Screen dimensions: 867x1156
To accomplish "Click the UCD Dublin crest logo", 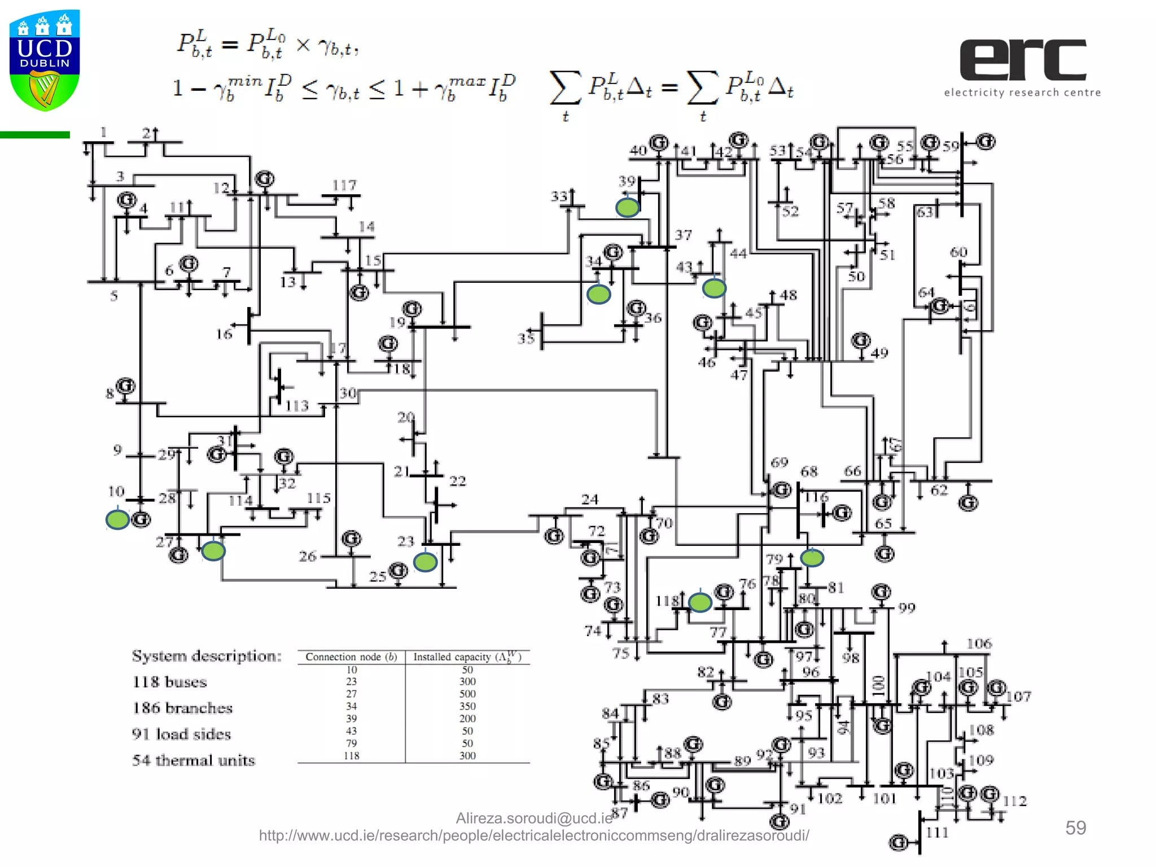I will pos(45,60).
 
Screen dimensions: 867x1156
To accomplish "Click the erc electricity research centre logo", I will pos(1022,67).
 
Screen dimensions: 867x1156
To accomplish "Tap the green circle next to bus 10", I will pos(117,519).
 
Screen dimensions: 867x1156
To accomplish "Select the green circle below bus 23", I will pos(425,562).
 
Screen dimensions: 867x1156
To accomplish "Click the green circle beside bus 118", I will pos(700,602).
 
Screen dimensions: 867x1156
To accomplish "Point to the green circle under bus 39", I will pos(627,207).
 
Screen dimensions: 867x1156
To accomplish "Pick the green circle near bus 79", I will pos(812,558).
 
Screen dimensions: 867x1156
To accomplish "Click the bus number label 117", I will pos(344,185).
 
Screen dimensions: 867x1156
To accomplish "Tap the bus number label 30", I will pos(348,393).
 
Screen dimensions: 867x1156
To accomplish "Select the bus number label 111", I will pos(937,833).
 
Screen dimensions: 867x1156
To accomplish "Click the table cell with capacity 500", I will pos(467,694).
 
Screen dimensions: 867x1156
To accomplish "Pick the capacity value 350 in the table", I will pos(467,706).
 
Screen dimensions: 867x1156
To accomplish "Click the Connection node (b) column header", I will pos(351,656).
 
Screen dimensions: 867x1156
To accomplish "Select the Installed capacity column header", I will pos(467,656).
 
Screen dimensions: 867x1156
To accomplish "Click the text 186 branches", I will pos(182,708).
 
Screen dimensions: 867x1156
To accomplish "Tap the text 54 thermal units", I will pos(194,760).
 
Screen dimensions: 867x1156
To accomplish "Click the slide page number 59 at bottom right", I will pos(1075,827).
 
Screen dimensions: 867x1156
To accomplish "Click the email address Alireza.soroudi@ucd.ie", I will pos(533,818).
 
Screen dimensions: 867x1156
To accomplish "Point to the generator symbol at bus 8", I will pos(125,386).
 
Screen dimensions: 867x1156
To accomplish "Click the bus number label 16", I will pos(224,334).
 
